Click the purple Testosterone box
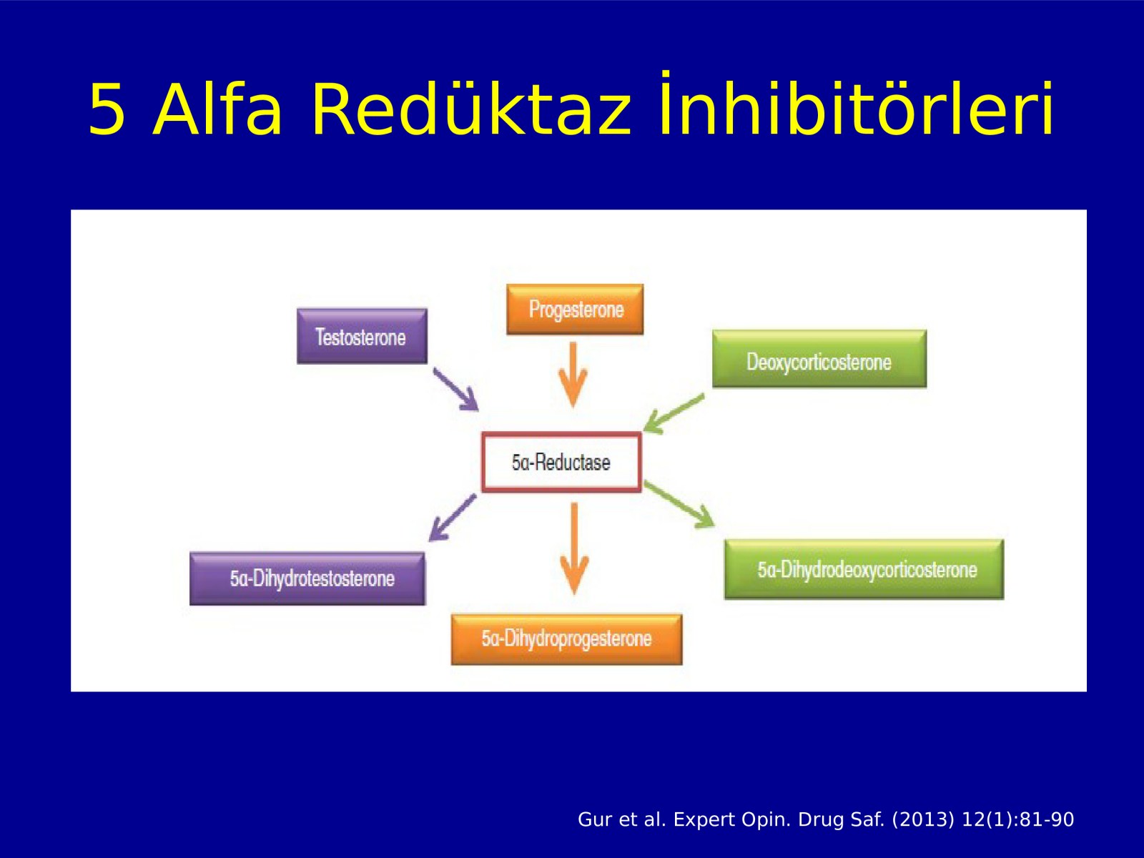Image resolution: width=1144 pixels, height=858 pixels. [362, 336]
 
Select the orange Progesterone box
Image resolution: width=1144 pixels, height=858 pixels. [575, 310]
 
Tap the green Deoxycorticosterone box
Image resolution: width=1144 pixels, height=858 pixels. [819, 359]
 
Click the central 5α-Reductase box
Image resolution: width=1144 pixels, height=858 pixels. [561, 462]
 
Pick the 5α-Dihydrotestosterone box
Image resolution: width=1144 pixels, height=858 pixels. [307, 578]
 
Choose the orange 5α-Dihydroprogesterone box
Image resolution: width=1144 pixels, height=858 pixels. [566, 639]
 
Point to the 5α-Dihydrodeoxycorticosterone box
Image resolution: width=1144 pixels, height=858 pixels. [864, 569]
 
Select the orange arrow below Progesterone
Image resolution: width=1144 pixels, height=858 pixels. [573, 375]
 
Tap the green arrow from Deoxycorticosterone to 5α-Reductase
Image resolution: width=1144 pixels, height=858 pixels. [674, 414]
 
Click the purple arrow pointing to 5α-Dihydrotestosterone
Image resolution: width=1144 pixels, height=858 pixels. [452, 517]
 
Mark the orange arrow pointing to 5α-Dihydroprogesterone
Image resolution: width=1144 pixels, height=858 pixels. [574, 548]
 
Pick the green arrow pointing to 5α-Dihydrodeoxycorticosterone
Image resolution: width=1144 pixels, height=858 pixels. [680, 504]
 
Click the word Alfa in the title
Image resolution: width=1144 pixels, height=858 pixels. [217, 110]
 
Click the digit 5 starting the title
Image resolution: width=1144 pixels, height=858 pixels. [107, 110]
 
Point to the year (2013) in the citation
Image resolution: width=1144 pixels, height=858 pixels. [923, 819]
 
